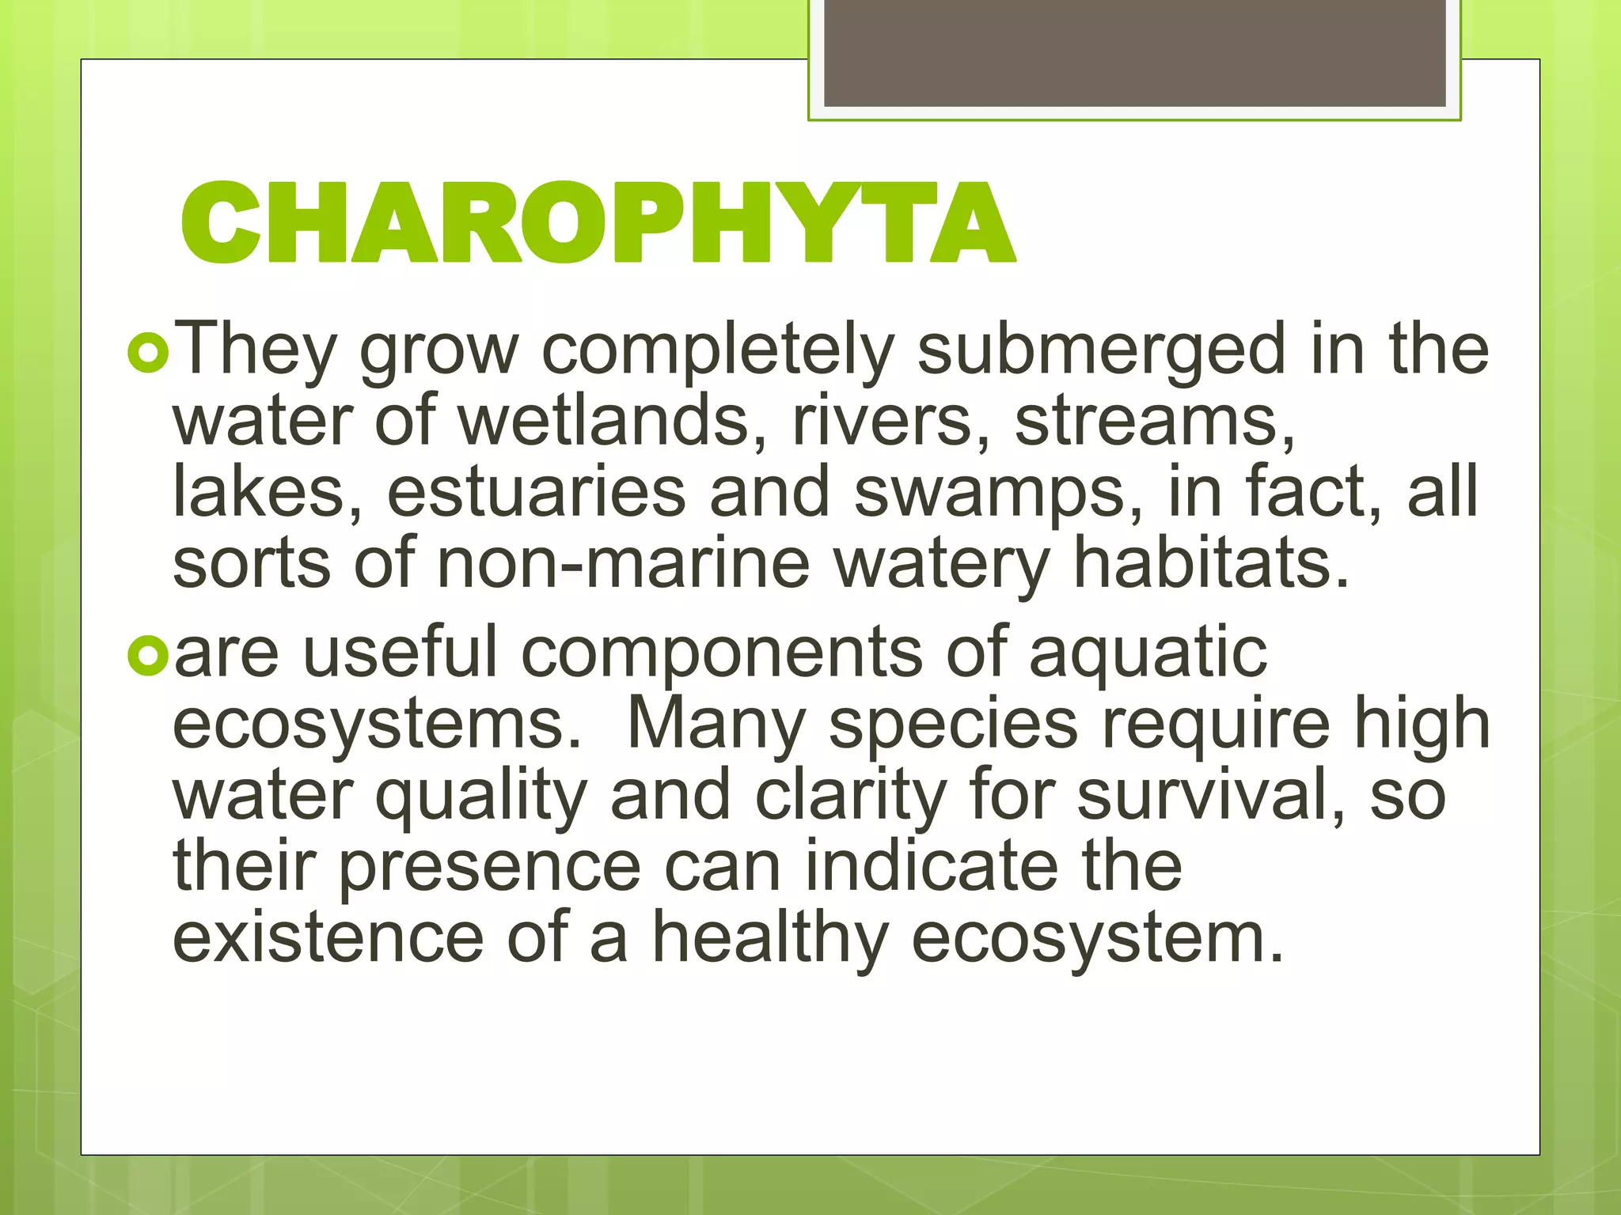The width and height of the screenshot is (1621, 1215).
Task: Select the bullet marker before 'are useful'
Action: pyautogui.click(x=148, y=656)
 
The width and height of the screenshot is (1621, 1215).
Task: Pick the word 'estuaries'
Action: pyautogui.click(x=536, y=492)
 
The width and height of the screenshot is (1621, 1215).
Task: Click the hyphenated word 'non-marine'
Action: pyautogui.click(x=623, y=563)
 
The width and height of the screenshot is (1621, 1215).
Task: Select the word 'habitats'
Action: pyautogui.click(x=1210, y=563)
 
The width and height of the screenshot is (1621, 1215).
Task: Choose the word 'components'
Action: pyautogui.click(x=721, y=655)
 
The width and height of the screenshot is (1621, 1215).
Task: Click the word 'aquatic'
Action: pyautogui.click(x=1148, y=655)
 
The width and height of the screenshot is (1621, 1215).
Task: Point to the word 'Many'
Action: pyautogui.click(x=716, y=726)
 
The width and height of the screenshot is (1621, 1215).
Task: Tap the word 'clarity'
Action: pyautogui.click(x=850, y=797)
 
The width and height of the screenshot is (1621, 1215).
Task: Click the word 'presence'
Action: pyautogui.click(x=490, y=868)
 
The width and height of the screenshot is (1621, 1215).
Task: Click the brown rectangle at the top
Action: pyautogui.click(x=1134, y=53)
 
